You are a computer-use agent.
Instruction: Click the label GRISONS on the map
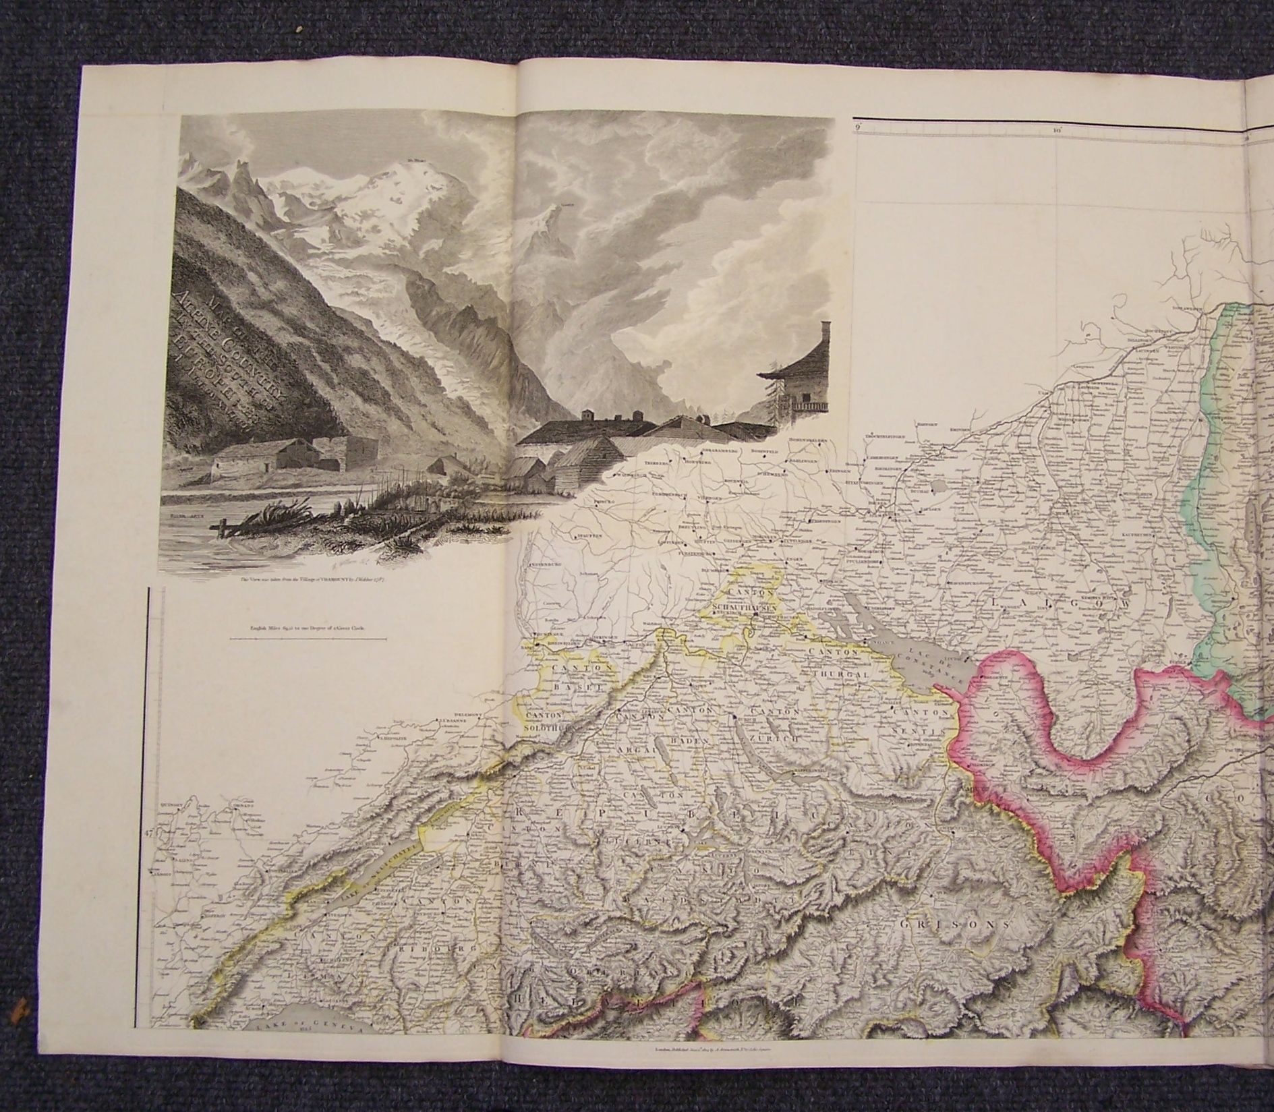(954, 925)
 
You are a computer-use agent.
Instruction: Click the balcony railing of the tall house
(810, 406)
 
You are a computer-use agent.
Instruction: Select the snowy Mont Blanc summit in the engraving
(357, 175)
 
